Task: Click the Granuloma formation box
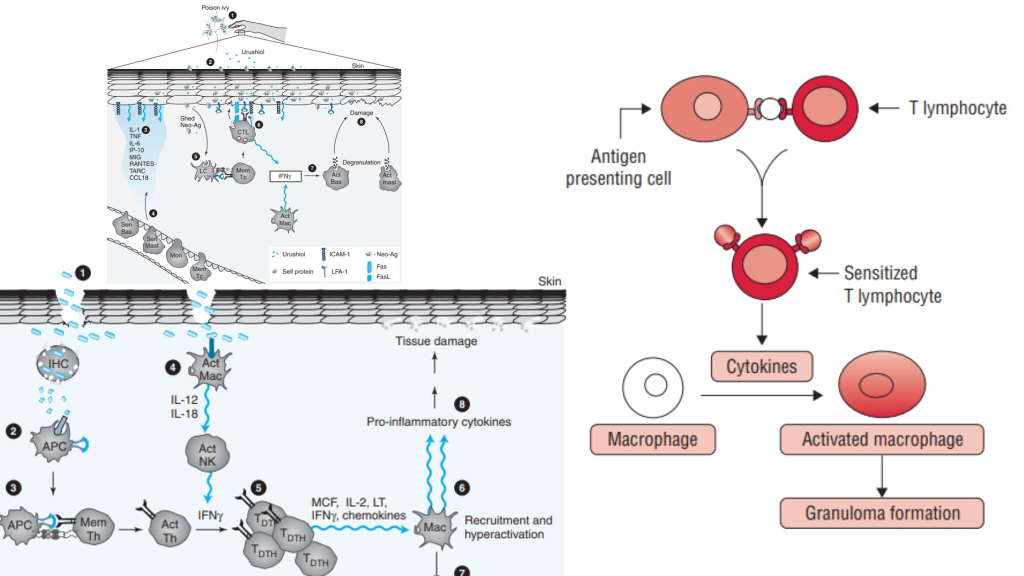[x=881, y=513]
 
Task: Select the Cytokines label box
[x=761, y=366]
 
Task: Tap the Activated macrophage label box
[x=882, y=439]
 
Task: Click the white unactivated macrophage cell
[x=653, y=387]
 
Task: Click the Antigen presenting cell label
[x=618, y=167]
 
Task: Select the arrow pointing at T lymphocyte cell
[x=884, y=108]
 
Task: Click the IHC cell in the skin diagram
[x=58, y=363]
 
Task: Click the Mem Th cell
[x=93, y=529]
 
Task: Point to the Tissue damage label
[x=436, y=341]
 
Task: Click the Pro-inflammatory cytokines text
[x=438, y=421]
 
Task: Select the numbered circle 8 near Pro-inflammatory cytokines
[x=461, y=404]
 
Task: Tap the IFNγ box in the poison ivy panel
[x=285, y=176]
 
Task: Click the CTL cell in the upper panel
[x=242, y=132]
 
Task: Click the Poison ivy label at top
[x=215, y=7]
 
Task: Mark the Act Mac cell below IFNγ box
[x=284, y=219]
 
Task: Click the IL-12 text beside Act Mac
[x=184, y=399]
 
